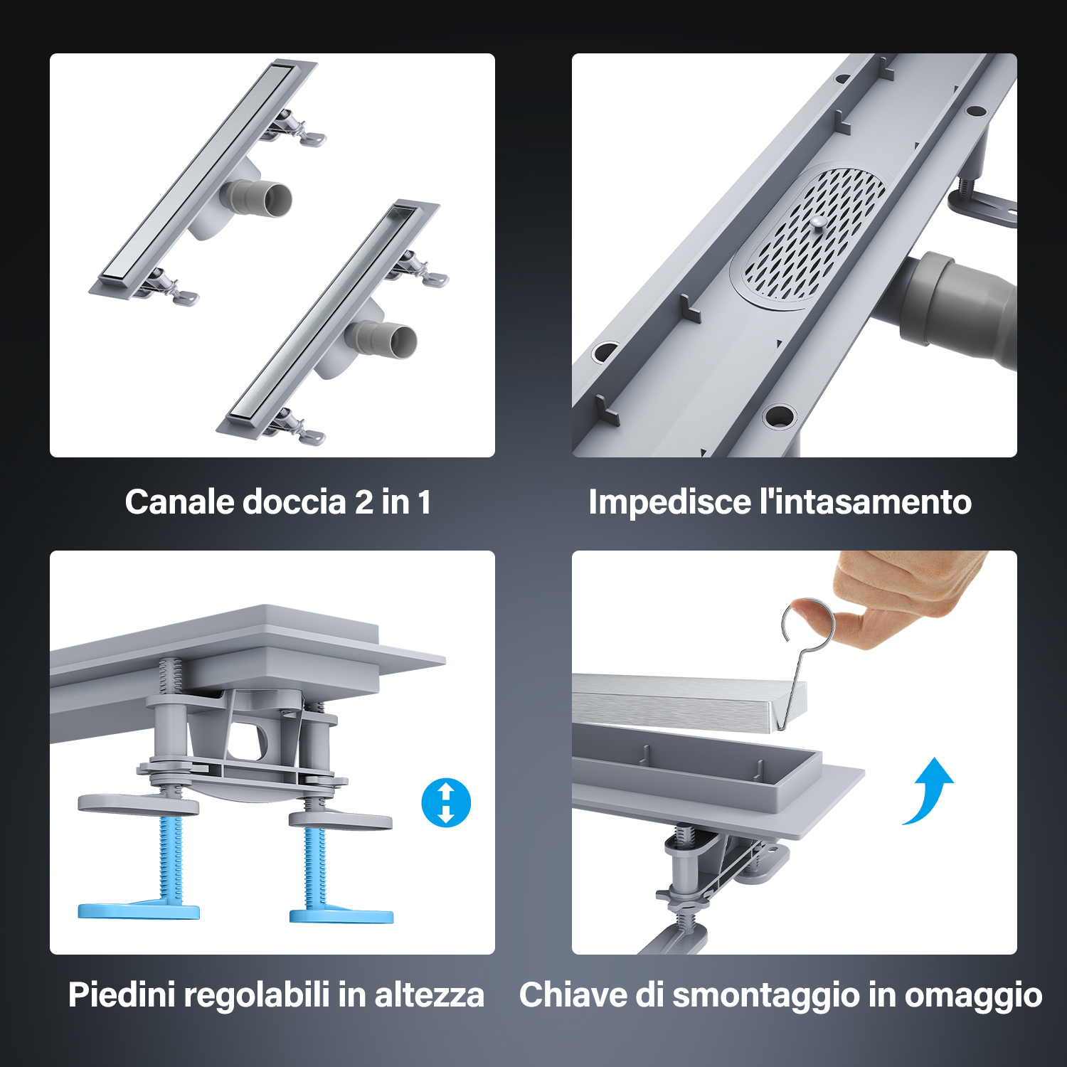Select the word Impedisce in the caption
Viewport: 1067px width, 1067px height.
click(x=670, y=501)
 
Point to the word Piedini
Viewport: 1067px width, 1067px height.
click(x=122, y=994)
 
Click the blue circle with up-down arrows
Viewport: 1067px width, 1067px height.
click(x=446, y=803)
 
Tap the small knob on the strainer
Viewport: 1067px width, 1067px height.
click(x=818, y=223)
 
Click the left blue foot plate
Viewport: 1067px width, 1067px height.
click(x=139, y=911)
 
